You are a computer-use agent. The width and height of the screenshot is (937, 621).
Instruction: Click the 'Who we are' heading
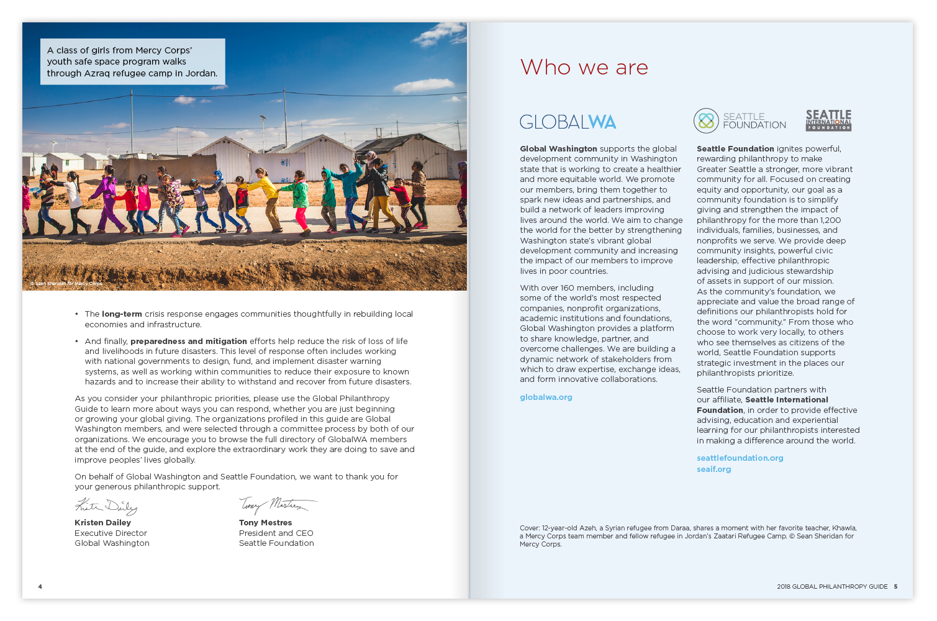584,67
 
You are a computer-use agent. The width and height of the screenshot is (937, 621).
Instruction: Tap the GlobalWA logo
568,122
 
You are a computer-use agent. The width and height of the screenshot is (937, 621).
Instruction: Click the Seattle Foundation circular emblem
706,120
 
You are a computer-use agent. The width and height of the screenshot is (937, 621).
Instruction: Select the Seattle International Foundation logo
828,120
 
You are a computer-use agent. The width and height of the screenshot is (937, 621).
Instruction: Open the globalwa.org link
546,397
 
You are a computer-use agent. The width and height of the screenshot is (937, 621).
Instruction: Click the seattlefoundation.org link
740,458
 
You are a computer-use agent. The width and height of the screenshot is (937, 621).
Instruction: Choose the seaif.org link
713,469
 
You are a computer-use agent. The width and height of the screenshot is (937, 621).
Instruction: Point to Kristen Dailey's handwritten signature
106,506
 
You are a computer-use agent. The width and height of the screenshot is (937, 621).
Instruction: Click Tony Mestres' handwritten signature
276,505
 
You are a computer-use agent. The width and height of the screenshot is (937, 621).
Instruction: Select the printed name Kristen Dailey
102,523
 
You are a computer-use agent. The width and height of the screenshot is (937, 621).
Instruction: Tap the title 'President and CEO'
276,533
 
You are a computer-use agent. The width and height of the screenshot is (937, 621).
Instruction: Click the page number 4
40,587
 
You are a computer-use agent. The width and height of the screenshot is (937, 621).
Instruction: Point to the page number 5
895,587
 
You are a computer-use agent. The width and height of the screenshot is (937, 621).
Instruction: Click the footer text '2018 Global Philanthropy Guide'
831,587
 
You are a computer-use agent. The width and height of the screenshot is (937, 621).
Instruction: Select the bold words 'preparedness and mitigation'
189,342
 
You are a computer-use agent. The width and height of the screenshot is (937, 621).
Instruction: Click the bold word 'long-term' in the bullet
122,314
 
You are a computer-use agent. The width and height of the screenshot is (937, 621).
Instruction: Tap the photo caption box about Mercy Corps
132,61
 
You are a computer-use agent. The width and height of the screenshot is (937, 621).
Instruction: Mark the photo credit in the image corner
66,284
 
